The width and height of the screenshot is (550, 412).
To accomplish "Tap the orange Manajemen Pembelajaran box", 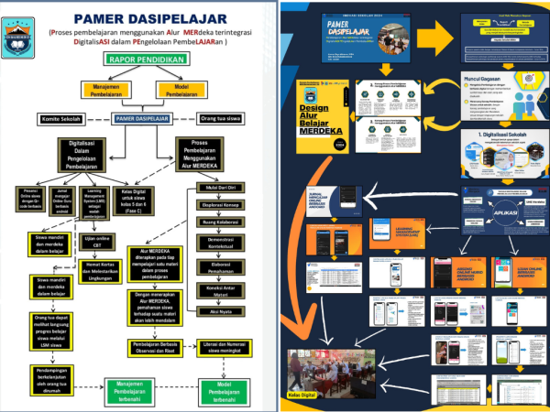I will (110, 89).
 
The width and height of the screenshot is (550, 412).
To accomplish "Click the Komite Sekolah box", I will (61, 118).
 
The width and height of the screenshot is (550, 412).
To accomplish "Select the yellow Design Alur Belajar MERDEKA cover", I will (321, 117).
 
